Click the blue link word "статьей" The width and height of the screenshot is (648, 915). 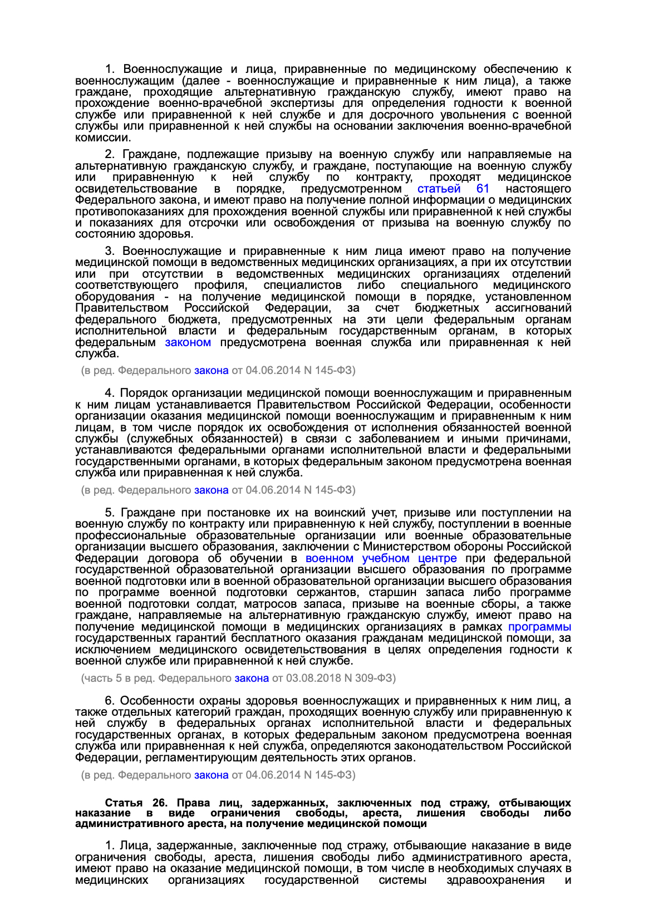pyautogui.click(x=439, y=189)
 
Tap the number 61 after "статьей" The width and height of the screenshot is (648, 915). pyautogui.click(x=483, y=189)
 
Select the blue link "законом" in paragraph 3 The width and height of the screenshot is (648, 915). pyautogui.click(x=188, y=342)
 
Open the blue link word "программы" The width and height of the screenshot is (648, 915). pyautogui.click(x=539, y=627)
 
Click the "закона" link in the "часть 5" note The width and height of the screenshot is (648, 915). pyautogui.click(x=252, y=678)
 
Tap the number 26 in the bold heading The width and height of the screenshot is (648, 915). pyautogui.click(x=160, y=803)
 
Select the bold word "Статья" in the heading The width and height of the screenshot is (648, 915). pyautogui.click(x=124, y=803)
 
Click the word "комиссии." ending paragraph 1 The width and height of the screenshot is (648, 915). pyautogui.click(x=103, y=137)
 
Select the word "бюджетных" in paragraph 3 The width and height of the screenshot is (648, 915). pyautogui.click(x=446, y=308)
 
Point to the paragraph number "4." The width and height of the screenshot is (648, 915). pyautogui.click(x=110, y=393)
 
